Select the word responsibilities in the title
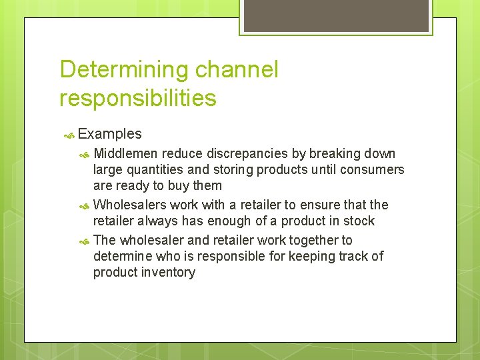[138, 98]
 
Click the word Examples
[109, 134]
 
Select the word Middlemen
[125, 153]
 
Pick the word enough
[227, 221]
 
